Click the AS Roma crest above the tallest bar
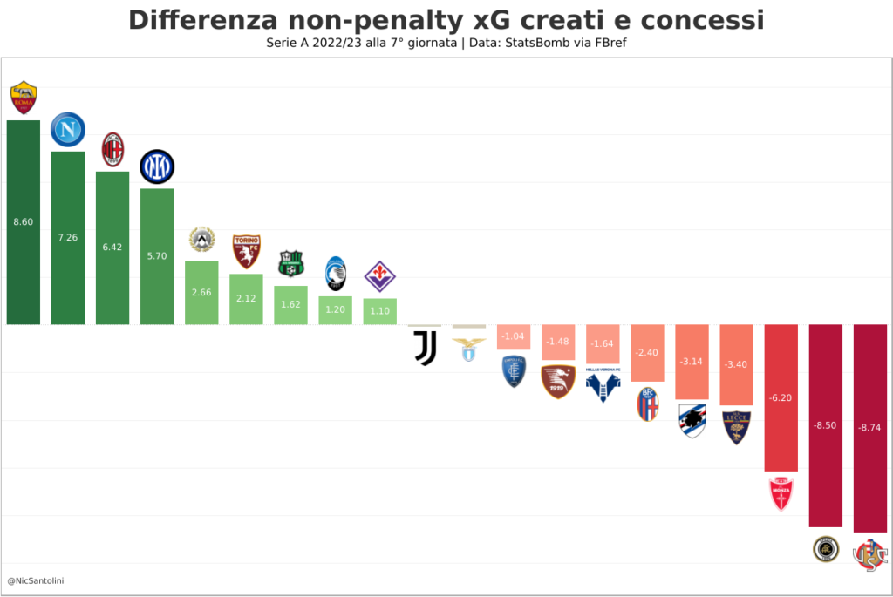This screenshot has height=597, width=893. [x=24, y=98]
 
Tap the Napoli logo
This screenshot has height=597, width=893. [x=68, y=130]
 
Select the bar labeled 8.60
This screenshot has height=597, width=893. [x=24, y=261]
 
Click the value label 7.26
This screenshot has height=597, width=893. [x=68, y=237]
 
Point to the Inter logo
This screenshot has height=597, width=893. [x=157, y=166]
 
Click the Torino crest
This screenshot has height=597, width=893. [x=246, y=251]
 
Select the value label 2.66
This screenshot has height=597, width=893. [x=201, y=292]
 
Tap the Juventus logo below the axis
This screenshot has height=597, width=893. [x=425, y=347]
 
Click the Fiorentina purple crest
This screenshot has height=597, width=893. [x=379, y=276]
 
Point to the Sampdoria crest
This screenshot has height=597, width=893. [x=692, y=420]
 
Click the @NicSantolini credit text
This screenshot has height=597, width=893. [x=35, y=580]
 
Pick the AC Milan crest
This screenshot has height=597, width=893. [x=112, y=150]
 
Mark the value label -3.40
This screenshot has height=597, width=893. [x=737, y=364]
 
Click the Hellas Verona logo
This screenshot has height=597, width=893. [x=603, y=383]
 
